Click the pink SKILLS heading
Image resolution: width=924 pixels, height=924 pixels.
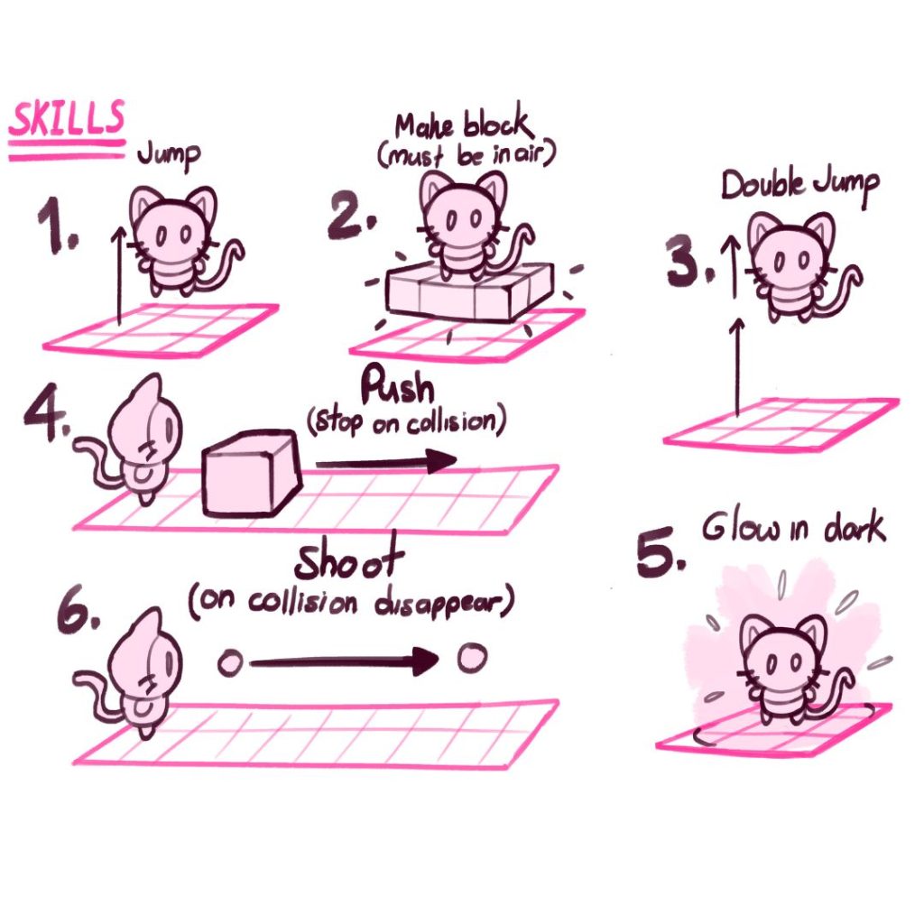pos(66,120)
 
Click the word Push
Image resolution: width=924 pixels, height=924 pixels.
pos(397,390)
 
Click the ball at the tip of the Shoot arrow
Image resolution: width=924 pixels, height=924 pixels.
pos(471,659)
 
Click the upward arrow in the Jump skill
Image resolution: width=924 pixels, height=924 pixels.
pos(118,275)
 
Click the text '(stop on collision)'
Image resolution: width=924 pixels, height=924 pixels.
pos(403,423)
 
